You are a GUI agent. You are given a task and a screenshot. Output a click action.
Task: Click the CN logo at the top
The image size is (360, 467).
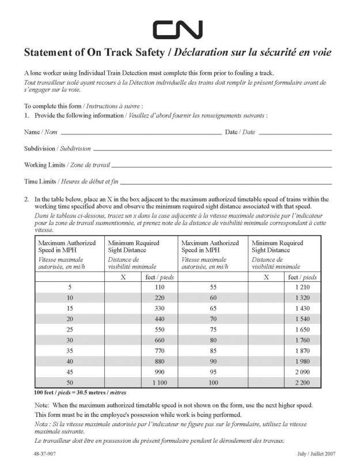[177, 29]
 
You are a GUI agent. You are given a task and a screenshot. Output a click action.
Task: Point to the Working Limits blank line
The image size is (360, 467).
[222, 166]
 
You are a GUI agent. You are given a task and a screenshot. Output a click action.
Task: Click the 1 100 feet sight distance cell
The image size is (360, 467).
[158, 382]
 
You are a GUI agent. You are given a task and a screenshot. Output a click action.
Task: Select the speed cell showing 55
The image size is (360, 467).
[213, 287]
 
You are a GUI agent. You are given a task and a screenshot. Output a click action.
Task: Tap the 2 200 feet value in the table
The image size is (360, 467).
[302, 382]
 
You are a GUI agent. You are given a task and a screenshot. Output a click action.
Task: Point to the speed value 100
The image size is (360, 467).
[213, 382]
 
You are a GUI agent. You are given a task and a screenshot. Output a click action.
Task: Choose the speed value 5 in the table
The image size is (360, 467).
[70, 287]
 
